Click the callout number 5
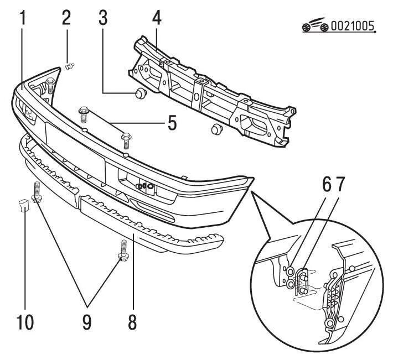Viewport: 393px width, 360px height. (172, 122)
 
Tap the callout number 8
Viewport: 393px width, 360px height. (132, 320)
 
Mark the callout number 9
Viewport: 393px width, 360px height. (86, 321)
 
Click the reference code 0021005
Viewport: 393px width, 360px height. (352, 26)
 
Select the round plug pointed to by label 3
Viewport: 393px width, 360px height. (140, 91)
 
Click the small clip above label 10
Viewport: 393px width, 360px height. (23, 204)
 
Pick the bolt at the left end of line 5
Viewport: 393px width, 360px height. (84, 113)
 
